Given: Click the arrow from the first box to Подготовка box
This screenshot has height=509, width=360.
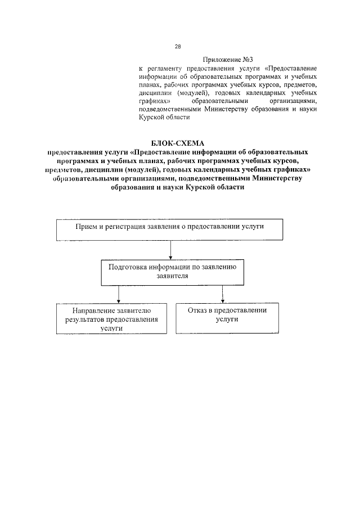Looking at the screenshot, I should pos(170,248).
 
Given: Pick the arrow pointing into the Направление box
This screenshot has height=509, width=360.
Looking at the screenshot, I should pos(118,295).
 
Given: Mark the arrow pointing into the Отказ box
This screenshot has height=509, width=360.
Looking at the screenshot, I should pos(223,295).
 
